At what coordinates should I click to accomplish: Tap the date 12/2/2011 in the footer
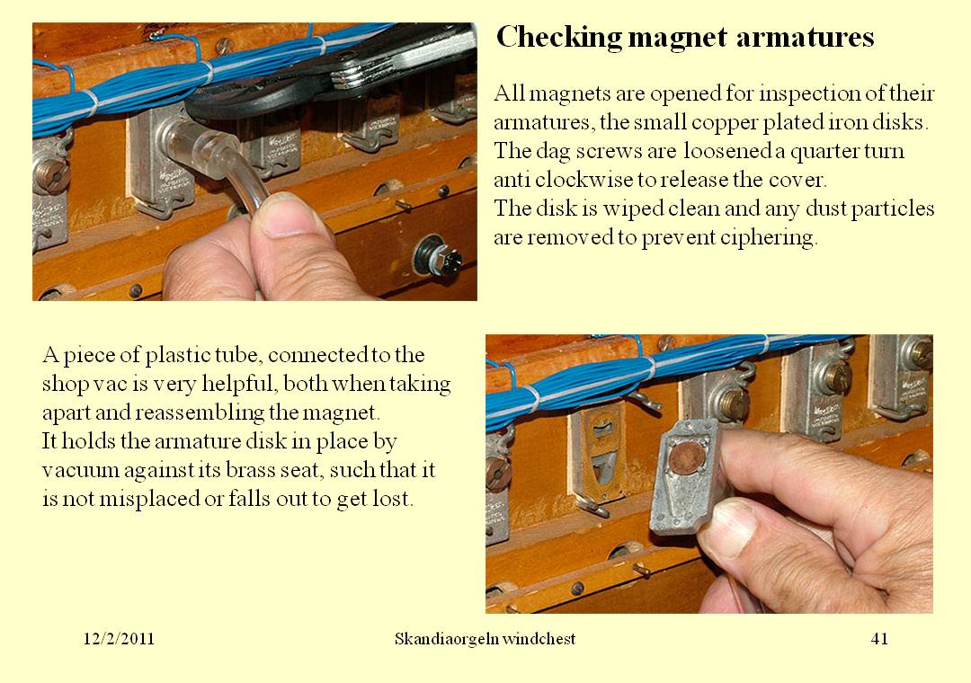click(x=119, y=639)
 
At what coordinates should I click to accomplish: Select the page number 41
click(x=879, y=639)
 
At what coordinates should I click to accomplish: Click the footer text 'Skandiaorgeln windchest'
click(x=485, y=639)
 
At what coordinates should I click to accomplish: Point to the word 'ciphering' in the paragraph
click(x=772, y=238)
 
